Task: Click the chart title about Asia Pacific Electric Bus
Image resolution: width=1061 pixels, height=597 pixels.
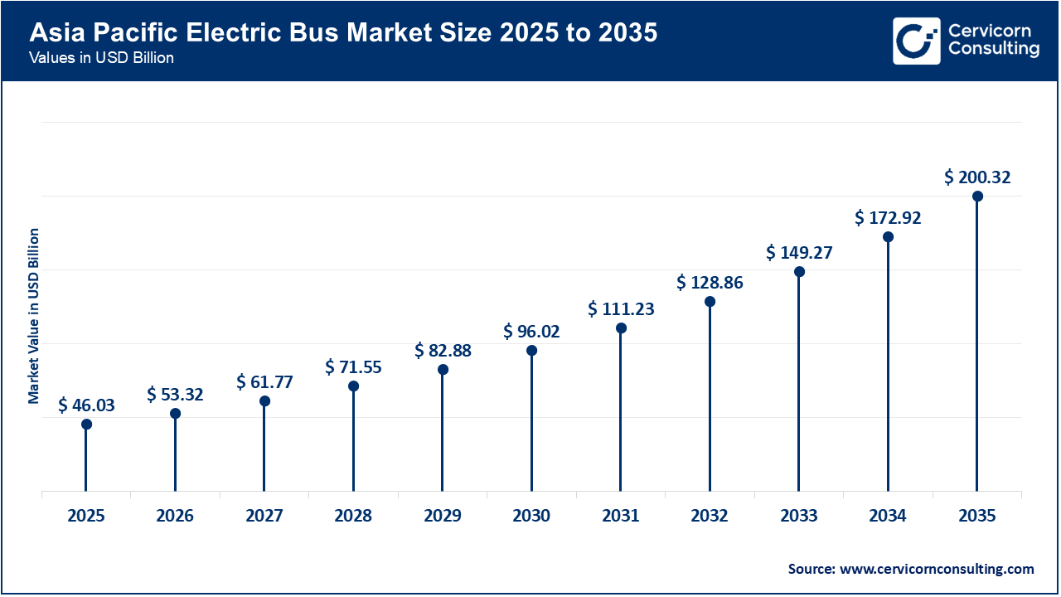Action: (x=343, y=33)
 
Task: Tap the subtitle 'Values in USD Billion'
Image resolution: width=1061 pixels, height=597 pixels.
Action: (x=101, y=59)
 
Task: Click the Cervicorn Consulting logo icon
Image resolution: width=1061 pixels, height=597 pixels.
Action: (x=916, y=41)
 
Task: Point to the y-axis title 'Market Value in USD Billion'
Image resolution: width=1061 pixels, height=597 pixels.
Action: (x=34, y=315)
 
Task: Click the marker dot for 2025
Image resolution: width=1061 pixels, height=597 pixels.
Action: (x=86, y=425)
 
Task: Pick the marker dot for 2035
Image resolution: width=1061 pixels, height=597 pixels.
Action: (x=977, y=197)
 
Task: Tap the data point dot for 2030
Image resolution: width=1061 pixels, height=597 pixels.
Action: (x=531, y=351)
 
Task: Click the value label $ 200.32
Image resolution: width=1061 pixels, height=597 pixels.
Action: (x=977, y=177)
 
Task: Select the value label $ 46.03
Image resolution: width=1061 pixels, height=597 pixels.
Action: (x=86, y=405)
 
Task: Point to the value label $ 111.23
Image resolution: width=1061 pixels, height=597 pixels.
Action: (x=621, y=309)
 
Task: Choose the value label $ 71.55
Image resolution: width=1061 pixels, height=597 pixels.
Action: (x=353, y=366)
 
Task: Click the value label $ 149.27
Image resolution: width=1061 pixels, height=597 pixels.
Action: (x=799, y=252)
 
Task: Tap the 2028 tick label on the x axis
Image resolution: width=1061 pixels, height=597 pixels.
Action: (x=353, y=516)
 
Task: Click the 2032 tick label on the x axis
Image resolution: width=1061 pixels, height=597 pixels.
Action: (x=710, y=516)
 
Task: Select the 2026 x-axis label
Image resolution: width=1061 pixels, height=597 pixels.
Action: (x=175, y=516)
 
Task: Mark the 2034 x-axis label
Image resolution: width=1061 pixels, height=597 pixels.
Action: (x=888, y=516)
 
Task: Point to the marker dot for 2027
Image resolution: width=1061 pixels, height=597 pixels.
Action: (x=264, y=401)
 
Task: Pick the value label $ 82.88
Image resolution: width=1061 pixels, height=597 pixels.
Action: (x=443, y=351)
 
